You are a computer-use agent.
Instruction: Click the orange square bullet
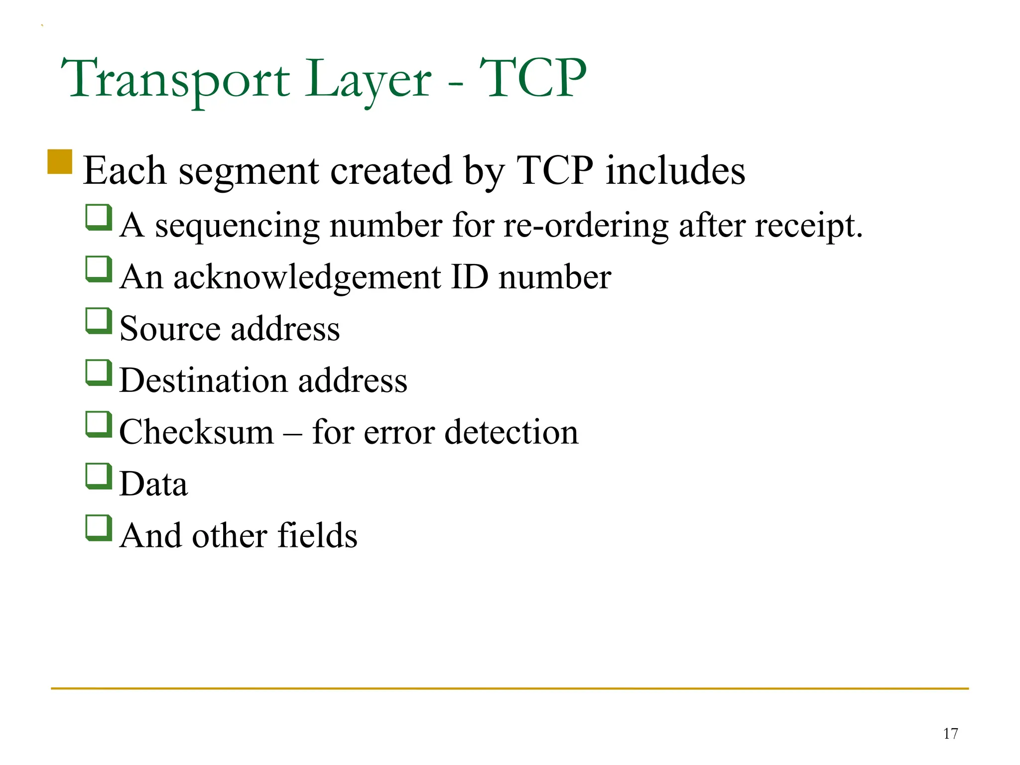coord(60,162)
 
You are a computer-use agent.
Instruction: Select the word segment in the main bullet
coord(249,171)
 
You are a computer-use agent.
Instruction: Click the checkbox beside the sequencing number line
coord(98,218)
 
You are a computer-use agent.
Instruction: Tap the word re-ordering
coord(585,225)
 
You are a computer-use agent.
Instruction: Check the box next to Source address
coord(98,321)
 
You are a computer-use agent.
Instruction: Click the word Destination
coord(203,380)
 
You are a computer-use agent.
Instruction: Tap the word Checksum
coord(197,431)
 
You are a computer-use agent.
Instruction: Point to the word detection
coord(511,431)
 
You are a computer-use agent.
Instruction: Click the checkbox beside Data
coord(98,476)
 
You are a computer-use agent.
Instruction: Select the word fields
coord(317,535)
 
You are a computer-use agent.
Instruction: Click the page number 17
coord(950,734)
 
